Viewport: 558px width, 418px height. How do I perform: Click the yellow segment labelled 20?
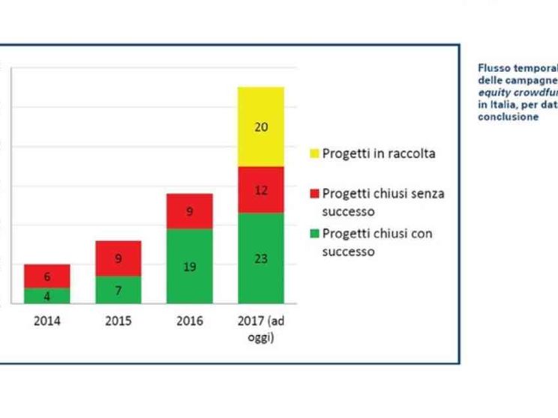(261, 127)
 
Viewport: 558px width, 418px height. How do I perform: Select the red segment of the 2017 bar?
(261, 190)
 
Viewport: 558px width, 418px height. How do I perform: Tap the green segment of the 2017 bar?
(261, 258)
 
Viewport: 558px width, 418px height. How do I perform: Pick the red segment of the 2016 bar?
(190, 211)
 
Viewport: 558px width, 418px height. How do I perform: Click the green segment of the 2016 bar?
(190, 266)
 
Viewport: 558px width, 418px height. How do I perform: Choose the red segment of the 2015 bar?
(118, 258)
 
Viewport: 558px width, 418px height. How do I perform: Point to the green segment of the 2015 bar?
(118, 290)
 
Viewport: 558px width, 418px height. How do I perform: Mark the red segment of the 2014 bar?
(47, 276)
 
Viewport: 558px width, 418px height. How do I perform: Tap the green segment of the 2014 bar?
(47, 296)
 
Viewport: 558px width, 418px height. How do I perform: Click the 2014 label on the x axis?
(47, 321)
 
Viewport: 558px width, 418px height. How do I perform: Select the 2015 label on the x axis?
(118, 321)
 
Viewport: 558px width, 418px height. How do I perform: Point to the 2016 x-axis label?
(189, 321)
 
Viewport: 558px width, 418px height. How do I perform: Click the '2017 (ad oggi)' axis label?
(261, 329)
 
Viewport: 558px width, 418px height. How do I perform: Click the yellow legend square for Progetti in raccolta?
(315, 154)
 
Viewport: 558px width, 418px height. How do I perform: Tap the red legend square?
(315, 194)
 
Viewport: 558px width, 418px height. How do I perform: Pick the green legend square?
(315, 234)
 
